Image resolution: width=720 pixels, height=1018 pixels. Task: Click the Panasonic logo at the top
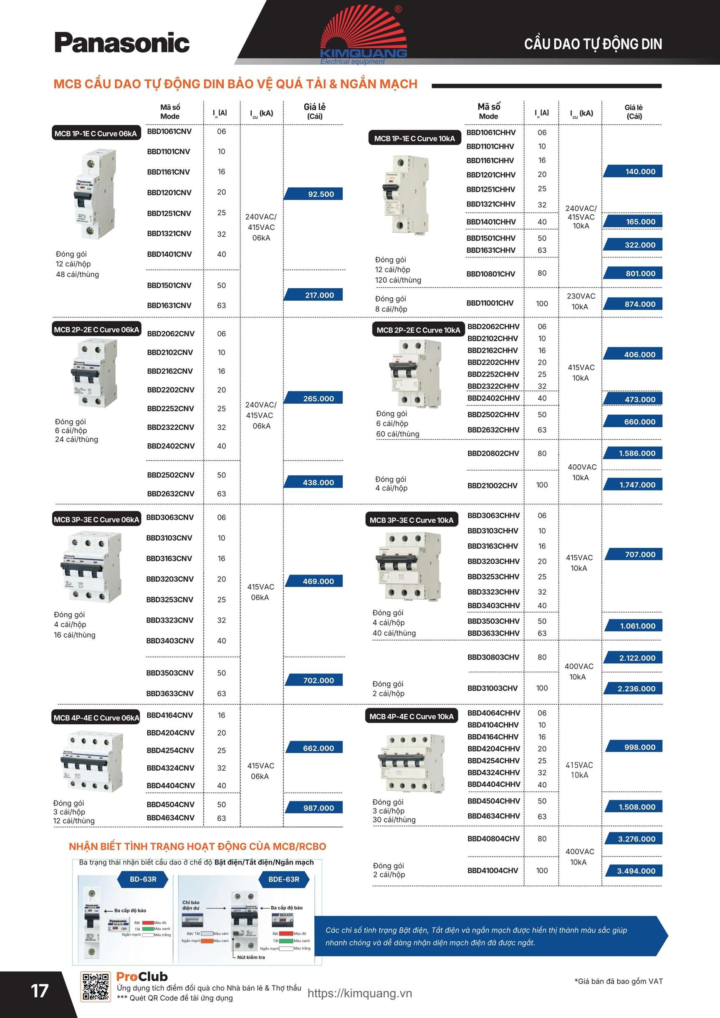[x=122, y=43]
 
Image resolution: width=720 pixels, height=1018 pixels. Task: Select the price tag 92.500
[x=314, y=194]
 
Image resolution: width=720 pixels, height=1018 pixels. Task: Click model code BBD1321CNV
[x=169, y=233]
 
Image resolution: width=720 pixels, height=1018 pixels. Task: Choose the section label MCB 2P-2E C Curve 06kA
[x=96, y=330]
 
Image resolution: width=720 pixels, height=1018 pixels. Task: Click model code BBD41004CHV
[x=493, y=870]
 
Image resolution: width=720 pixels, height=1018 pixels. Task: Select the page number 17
[x=39, y=990]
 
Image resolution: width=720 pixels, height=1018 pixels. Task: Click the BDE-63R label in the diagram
[x=283, y=879]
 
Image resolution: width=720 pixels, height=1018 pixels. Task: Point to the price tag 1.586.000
[x=633, y=453]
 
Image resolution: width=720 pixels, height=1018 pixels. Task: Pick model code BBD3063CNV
[x=170, y=517]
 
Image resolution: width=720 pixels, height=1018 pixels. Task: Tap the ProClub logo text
[x=142, y=976]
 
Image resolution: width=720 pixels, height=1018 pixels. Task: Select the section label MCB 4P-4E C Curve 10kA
[x=411, y=716]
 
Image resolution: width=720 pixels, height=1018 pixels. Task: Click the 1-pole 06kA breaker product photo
[x=94, y=194]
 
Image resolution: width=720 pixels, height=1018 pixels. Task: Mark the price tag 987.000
[x=315, y=808]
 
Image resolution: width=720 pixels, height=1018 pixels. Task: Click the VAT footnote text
[x=619, y=981]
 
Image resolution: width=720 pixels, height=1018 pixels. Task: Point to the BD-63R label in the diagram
[x=143, y=879]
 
